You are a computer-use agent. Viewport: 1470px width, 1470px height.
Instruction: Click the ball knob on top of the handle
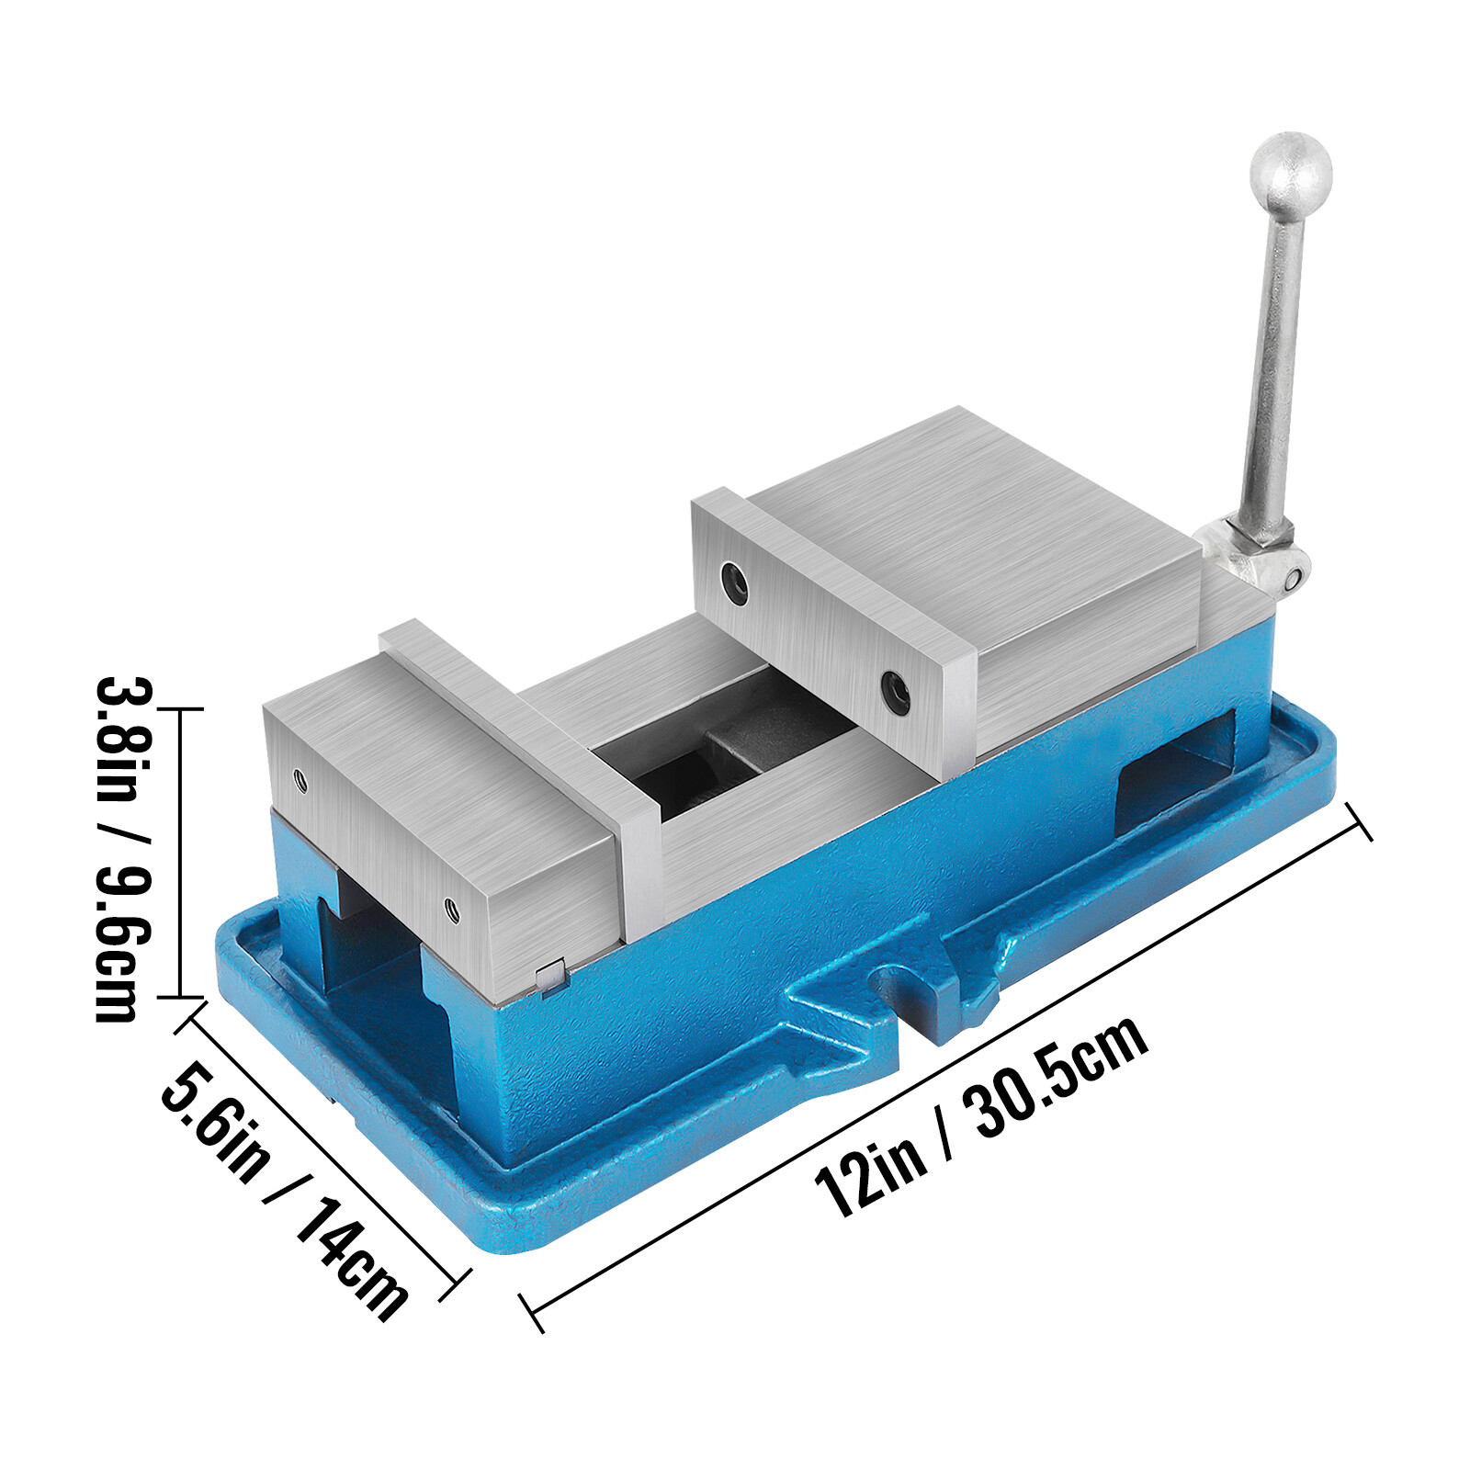1290,174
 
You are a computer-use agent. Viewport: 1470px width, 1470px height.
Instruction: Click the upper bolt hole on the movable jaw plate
734,582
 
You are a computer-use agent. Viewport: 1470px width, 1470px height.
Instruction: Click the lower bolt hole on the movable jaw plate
895,692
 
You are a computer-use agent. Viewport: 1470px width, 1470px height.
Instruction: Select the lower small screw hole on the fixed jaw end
451,910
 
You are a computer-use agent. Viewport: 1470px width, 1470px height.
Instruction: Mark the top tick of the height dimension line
179,709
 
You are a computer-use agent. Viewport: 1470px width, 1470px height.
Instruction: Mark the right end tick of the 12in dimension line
1359,820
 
